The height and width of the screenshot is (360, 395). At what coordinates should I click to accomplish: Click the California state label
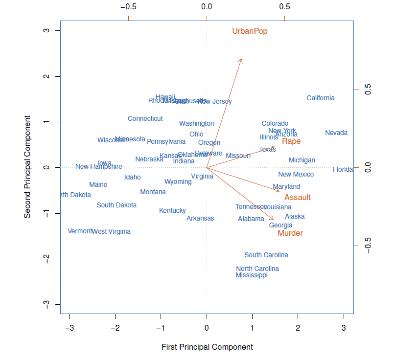321,98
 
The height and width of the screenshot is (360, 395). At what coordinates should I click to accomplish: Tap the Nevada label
336,133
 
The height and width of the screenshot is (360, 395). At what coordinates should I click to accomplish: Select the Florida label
343,169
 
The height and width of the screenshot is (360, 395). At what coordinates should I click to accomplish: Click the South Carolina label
266,255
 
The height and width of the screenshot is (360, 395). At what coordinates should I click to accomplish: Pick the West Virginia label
112,231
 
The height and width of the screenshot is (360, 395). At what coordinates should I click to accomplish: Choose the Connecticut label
145,118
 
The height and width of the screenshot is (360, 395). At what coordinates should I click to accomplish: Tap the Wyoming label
178,181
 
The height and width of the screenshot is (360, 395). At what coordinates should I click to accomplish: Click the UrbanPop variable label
250,31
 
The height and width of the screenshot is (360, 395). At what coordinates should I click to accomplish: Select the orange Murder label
290,233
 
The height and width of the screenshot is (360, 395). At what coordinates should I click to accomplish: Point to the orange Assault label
298,198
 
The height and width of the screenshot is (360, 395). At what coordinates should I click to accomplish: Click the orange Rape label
291,141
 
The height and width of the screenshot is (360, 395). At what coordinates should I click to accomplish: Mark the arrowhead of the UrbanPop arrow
241,59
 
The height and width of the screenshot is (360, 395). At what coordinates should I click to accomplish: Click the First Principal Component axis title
207,347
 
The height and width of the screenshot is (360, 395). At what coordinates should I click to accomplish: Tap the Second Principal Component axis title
28,167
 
